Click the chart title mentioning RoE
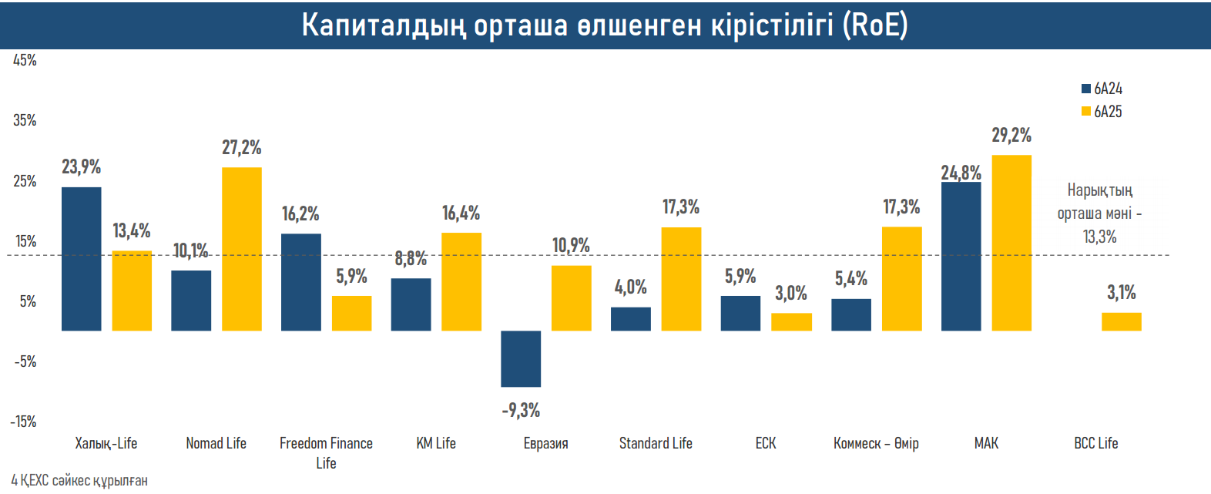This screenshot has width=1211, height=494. click(605, 25)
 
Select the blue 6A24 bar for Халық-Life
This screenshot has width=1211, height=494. click(81, 259)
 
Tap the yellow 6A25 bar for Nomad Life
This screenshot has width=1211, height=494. click(242, 249)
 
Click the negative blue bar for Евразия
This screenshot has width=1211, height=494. click(521, 358)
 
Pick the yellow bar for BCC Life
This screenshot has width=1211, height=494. click(1122, 321)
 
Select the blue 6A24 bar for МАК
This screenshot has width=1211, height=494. click(961, 256)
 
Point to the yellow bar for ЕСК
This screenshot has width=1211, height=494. click(791, 321)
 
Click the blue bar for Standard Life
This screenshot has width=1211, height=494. click(630, 319)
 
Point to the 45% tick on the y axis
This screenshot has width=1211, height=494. click(25, 60)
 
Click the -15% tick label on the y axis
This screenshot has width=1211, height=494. click(23, 422)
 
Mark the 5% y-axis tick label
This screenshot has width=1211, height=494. click(28, 301)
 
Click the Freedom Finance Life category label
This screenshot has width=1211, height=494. click(326, 452)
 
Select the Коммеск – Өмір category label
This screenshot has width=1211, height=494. click(876, 443)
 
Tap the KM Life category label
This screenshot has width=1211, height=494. click(436, 443)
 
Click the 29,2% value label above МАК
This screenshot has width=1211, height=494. click(1011, 136)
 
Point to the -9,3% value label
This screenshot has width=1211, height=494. click(521, 410)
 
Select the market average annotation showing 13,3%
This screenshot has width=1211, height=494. click(1099, 213)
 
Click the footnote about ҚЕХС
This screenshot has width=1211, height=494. click(79, 480)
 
